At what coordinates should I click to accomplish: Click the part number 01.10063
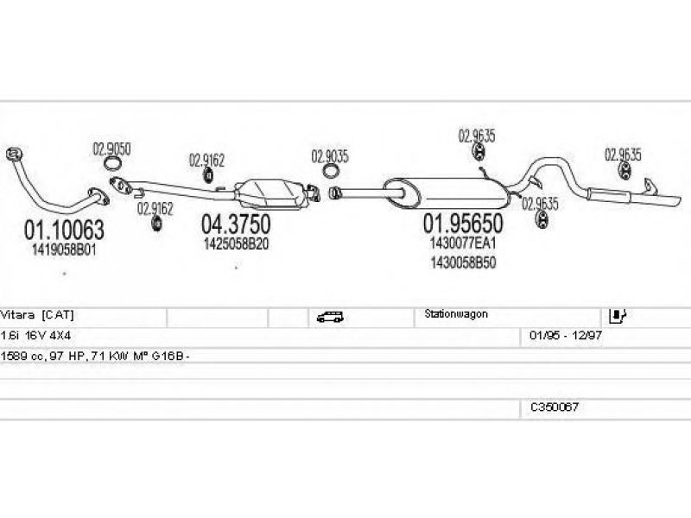64,230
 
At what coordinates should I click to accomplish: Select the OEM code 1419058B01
64,250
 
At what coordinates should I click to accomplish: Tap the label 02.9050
111,149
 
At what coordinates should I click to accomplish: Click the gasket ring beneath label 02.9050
112,164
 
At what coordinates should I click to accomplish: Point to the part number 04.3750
236,224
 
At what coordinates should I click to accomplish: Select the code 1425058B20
236,244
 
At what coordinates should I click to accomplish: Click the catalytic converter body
269,193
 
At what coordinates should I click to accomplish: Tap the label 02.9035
330,156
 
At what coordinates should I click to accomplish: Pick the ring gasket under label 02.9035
331,171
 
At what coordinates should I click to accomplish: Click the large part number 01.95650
463,224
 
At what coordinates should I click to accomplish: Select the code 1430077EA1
463,243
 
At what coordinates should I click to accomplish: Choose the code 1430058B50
463,262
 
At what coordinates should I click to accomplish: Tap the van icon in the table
330,317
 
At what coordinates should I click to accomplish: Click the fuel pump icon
617,315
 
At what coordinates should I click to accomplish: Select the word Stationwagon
456,314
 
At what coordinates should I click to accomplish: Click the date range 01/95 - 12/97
566,335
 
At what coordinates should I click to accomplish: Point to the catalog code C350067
555,407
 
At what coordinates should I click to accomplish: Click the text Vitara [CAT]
37,314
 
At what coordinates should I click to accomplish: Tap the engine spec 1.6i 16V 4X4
35,335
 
